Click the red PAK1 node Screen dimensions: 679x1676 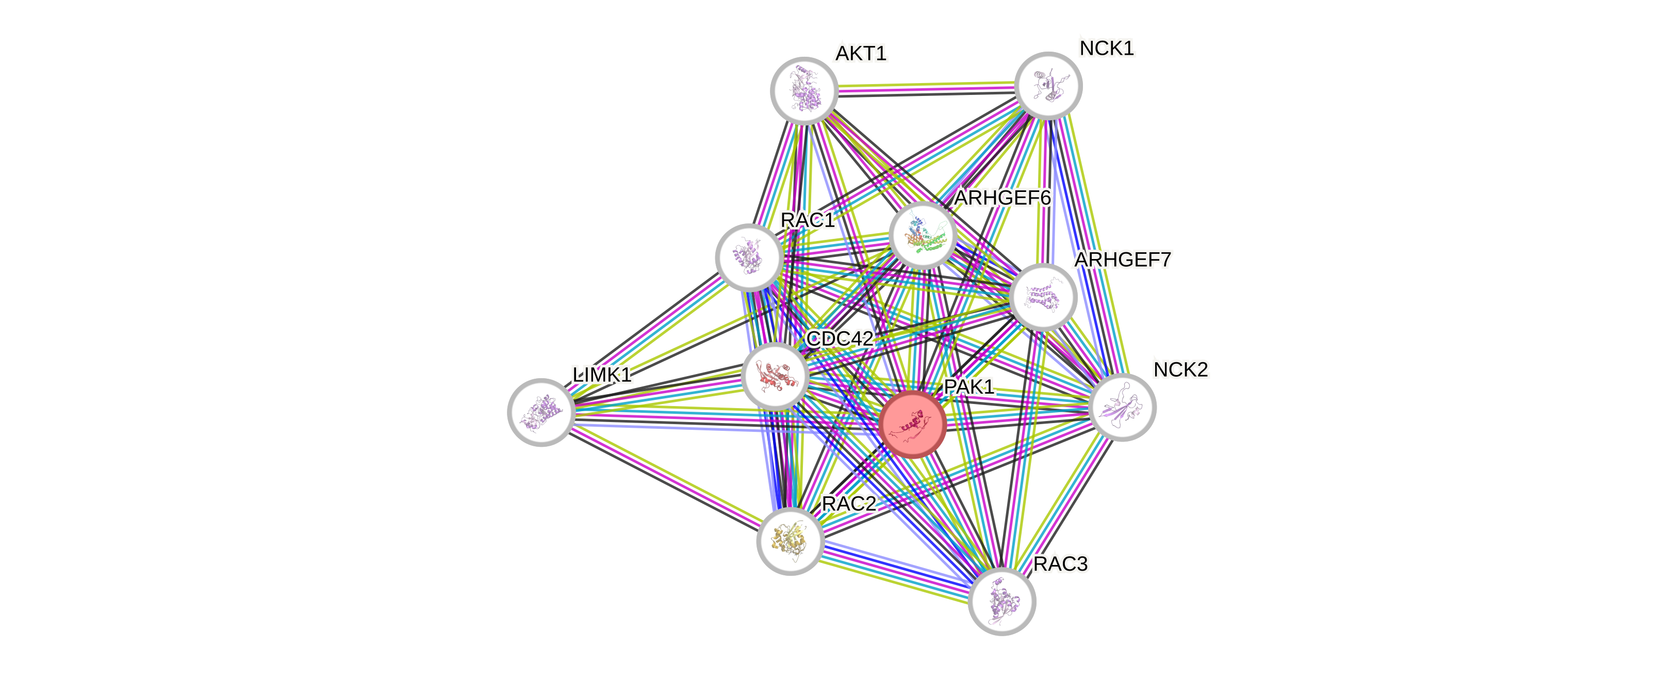click(912, 424)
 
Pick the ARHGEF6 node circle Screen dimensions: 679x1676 click(923, 235)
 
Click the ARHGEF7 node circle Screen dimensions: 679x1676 click(1044, 297)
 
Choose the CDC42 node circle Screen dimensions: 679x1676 click(775, 376)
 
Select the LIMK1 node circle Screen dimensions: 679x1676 click(540, 412)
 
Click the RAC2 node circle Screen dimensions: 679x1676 click(790, 541)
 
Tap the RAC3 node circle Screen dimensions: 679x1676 click(1001, 601)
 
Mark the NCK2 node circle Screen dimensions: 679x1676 click(1122, 408)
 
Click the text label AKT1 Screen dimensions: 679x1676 click(861, 53)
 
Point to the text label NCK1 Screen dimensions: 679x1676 click(1107, 48)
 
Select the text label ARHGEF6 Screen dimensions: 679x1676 click(1003, 197)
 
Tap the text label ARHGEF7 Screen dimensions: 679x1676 click(1122, 260)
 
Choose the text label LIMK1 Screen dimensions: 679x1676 click(602, 375)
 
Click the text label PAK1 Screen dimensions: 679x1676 click(969, 386)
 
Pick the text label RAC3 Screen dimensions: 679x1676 click(1060, 564)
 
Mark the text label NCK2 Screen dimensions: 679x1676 click(1180, 370)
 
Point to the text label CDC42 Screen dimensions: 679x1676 click(840, 338)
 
